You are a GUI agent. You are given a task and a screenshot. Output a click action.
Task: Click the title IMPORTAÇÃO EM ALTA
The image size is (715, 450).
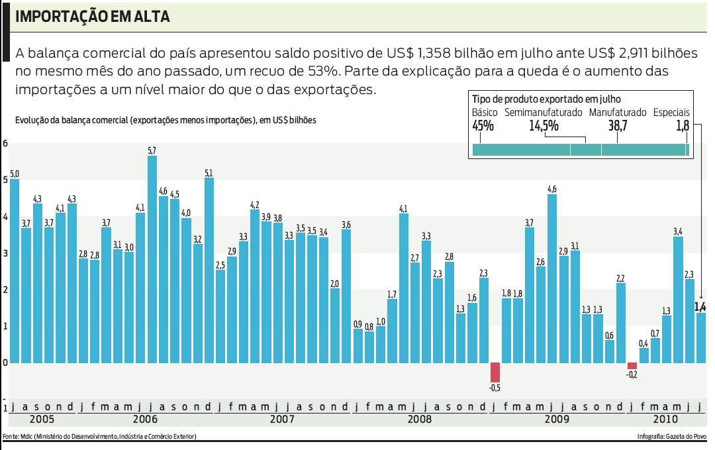click(x=92, y=17)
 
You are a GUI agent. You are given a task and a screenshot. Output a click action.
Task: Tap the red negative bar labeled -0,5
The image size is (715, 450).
click(x=495, y=372)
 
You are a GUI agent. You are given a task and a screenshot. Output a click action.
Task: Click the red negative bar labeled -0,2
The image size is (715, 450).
click(x=632, y=366)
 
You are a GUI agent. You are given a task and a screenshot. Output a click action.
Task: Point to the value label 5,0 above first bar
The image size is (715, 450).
click(x=15, y=173)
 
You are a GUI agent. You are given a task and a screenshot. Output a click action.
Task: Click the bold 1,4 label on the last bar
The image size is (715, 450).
click(x=700, y=306)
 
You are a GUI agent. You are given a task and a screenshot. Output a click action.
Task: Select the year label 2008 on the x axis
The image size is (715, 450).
click(x=419, y=420)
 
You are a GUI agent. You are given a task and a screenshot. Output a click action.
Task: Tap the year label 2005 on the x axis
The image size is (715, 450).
click(x=43, y=420)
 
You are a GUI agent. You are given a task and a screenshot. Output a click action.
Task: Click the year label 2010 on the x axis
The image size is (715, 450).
click(x=665, y=420)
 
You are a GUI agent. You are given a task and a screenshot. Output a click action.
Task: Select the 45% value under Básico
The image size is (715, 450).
click(x=483, y=125)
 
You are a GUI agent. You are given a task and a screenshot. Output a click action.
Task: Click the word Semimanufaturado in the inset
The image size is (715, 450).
click(x=543, y=113)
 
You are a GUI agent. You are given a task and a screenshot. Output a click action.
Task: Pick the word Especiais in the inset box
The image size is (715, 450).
click(x=671, y=113)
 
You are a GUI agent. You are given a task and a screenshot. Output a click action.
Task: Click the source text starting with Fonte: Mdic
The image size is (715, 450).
click(x=100, y=436)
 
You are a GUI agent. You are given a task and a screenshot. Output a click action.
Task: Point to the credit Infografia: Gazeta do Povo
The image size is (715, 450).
click(x=670, y=436)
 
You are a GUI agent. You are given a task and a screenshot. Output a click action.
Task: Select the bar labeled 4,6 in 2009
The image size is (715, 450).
click(x=552, y=278)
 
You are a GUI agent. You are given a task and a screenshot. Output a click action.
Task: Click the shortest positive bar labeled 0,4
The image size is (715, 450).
click(x=643, y=355)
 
